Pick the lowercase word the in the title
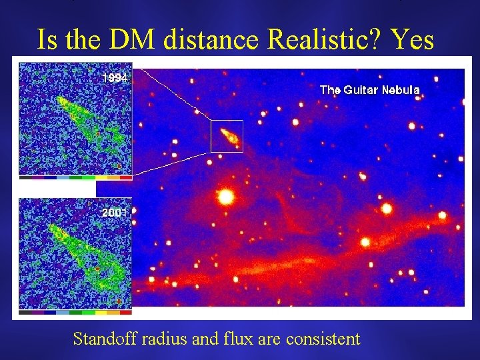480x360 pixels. pyautogui.click(x=89, y=40)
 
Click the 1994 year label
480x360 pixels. pyautogui.click(x=114, y=78)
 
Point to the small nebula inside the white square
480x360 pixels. pyautogui.click(x=228, y=137)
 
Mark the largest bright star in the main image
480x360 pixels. pyautogui.click(x=225, y=197)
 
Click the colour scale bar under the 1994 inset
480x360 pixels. pyautogui.click(x=75, y=178)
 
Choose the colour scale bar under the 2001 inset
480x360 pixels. pyautogui.click(x=75, y=311)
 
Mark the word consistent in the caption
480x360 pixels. pyautogui.click(x=323, y=339)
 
